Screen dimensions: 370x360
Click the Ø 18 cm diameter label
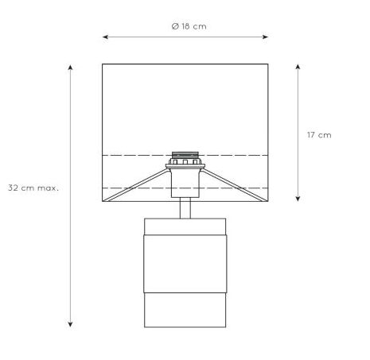tap(189, 26)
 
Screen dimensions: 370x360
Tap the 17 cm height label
tap(319, 135)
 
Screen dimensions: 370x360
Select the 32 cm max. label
tap(33, 188)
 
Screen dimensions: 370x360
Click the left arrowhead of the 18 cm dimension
tap(105, 37)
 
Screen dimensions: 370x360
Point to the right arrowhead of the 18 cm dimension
tap(265, 37)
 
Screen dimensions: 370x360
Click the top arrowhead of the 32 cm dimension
tap(70, 68)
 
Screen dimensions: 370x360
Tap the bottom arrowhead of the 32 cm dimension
tap(70, 324)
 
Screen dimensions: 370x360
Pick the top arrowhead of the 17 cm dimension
tap(298, 67)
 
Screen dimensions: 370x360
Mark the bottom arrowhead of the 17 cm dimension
tap(298, 199)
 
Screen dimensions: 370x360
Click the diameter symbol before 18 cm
tap(175, 26)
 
